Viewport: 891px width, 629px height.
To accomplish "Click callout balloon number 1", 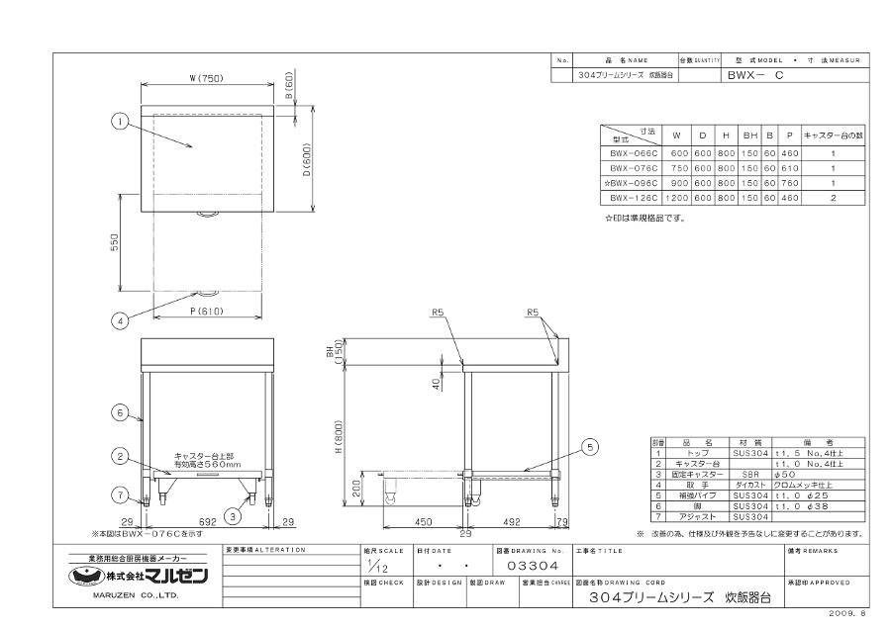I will [x=118, y=123].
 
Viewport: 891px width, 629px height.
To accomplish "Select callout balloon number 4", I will [x=118, y=320].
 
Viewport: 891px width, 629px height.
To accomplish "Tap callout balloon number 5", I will [x=591, y=447].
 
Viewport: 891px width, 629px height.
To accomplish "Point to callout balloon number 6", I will [x=118, y=412].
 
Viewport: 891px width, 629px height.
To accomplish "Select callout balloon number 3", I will [x=231, y=514].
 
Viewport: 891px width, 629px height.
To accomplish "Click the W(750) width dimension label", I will [x=207, y=80].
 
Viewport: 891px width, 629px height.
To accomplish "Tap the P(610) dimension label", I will [x=206, y=313].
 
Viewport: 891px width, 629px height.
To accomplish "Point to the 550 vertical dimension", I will [x=115, y=241].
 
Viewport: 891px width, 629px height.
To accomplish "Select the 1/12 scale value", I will [x=374, y=565].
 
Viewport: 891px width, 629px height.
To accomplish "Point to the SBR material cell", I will [x=746, y=475].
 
